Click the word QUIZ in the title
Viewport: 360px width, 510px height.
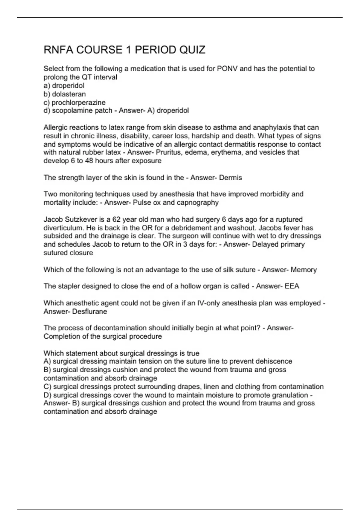[x=192, y=50]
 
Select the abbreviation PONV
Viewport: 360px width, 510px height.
[x=227, y=69]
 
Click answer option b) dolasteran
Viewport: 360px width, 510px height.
[x=65, y=94]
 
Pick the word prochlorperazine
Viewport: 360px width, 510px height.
[x=79, y=102]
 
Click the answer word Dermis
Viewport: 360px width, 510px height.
[x=230, y=178]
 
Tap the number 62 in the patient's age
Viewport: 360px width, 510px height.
[x=116, y=219]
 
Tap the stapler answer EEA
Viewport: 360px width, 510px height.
[x=292, y=286]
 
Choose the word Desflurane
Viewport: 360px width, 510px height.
[x=90, y=311]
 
